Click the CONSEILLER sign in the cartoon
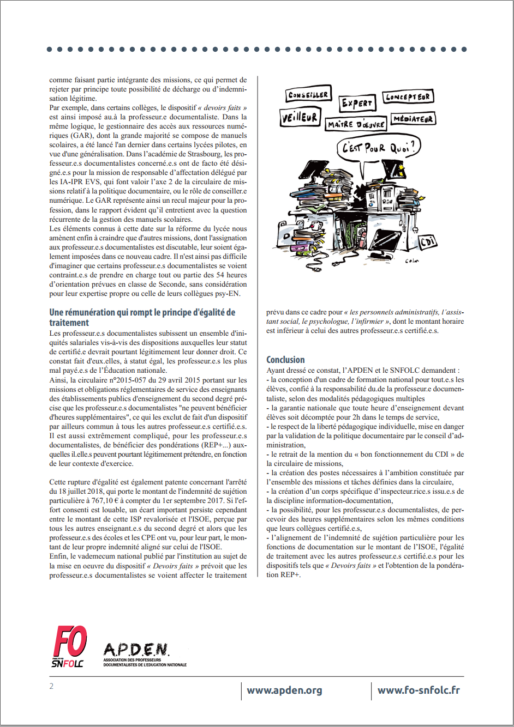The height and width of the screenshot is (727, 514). coord(308,95)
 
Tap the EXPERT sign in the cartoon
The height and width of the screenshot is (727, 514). coord(357,103)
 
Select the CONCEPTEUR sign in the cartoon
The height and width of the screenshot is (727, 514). coord(408,97)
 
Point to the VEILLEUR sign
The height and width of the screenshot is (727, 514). coord(300,117)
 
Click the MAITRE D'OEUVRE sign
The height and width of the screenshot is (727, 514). coord(356,124)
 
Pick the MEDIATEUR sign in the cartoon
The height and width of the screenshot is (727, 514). coord(413,119)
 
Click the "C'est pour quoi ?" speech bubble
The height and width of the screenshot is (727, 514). coord(378,147)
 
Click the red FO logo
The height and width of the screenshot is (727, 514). coord(70,642)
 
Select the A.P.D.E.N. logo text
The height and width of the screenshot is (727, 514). coord(136,650)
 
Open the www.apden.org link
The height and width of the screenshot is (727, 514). coord(284,690)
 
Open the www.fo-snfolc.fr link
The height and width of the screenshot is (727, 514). coord(419,690)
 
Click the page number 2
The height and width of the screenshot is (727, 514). coord(51,686)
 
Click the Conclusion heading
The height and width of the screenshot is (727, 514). coord(285,360)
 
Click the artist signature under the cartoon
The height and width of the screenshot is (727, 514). coord(412,261)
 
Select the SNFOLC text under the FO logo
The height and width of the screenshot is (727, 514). coord(68,663)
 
